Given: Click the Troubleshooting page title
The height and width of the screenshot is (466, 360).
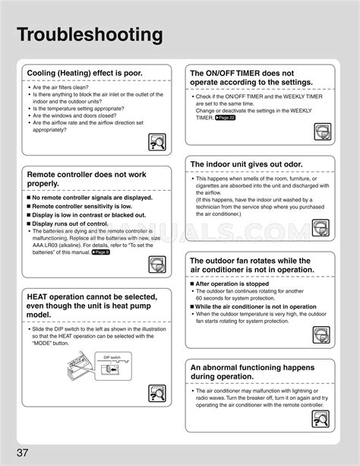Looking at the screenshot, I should click(x=90, y=35).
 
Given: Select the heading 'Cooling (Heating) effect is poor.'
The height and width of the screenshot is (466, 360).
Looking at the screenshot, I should click(x=84, y=74).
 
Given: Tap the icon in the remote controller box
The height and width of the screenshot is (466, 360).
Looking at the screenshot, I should click(x=158, y=264).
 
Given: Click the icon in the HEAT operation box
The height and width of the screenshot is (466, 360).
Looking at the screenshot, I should click(x=158, y=393).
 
